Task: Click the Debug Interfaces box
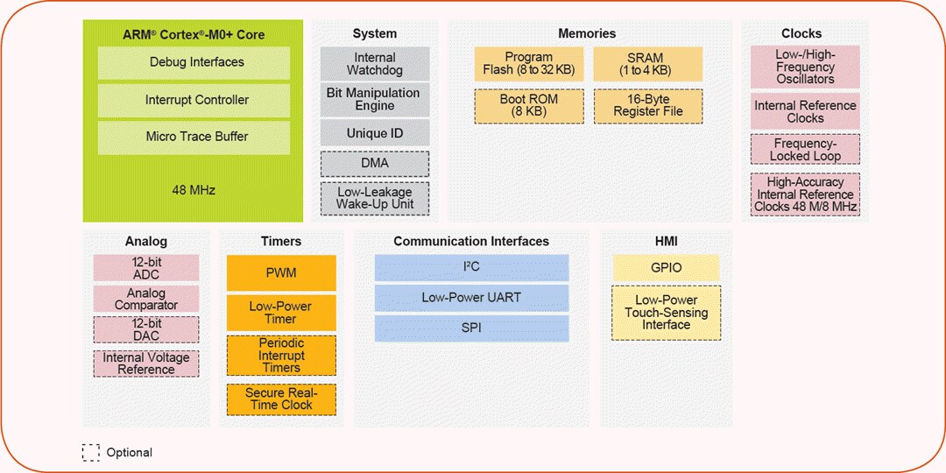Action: (x=194, y=63)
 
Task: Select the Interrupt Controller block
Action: (x=194, y=100)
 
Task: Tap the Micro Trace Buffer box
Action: (x=194, y=138)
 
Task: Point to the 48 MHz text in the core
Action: (x=194, y=189)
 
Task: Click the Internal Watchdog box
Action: (x=375, y=64)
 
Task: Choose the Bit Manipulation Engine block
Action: (x=375, y=100)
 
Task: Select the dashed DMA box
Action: (x=375, y=164)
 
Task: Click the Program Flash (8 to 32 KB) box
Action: (x=529, y=64)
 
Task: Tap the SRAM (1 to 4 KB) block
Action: (x=648, y=64)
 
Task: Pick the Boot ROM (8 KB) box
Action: (x=529, y=106)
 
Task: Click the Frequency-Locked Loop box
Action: (x=805, y=150)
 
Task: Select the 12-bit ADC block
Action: (x=146, y=268)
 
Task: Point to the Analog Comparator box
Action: (x=146, y=299)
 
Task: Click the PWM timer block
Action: (x=281, y=273)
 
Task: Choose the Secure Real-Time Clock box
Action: (x=281, y=399)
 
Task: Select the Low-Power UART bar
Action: (x=471, y=298)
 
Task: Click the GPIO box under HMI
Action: (x=666, y=268)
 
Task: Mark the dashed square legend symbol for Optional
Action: (x=91, y=453)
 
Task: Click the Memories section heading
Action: (x=587, y=33)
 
